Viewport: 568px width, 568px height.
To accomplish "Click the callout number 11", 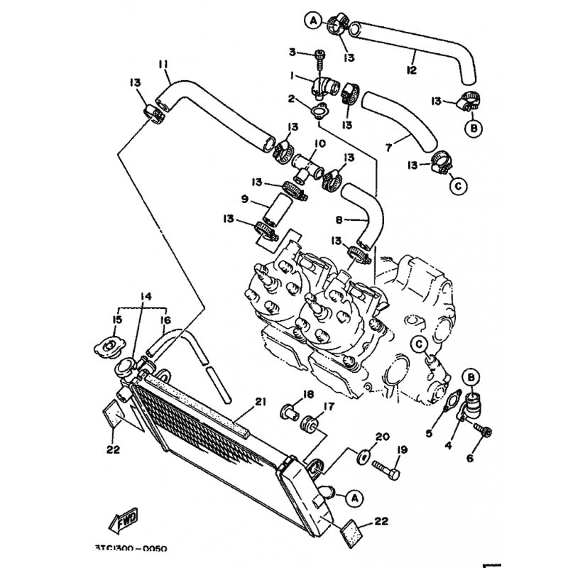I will pos(163,65).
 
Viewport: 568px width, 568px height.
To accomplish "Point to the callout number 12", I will pos(411,70).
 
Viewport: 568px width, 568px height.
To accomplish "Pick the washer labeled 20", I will pos(362,457).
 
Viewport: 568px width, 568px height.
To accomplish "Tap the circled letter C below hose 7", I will pos(458,186).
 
